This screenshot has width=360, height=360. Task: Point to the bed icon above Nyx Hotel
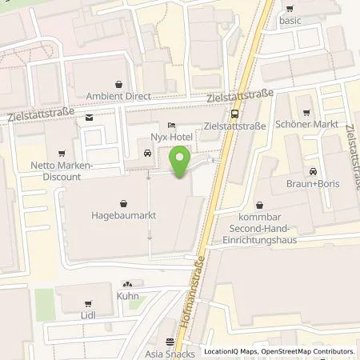point(172,126)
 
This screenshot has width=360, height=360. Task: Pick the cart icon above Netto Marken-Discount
point(61,152)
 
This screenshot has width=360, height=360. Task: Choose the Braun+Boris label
point(309,184)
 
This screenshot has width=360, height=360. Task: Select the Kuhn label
point(127,296)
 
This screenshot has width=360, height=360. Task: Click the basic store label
point(290,20)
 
